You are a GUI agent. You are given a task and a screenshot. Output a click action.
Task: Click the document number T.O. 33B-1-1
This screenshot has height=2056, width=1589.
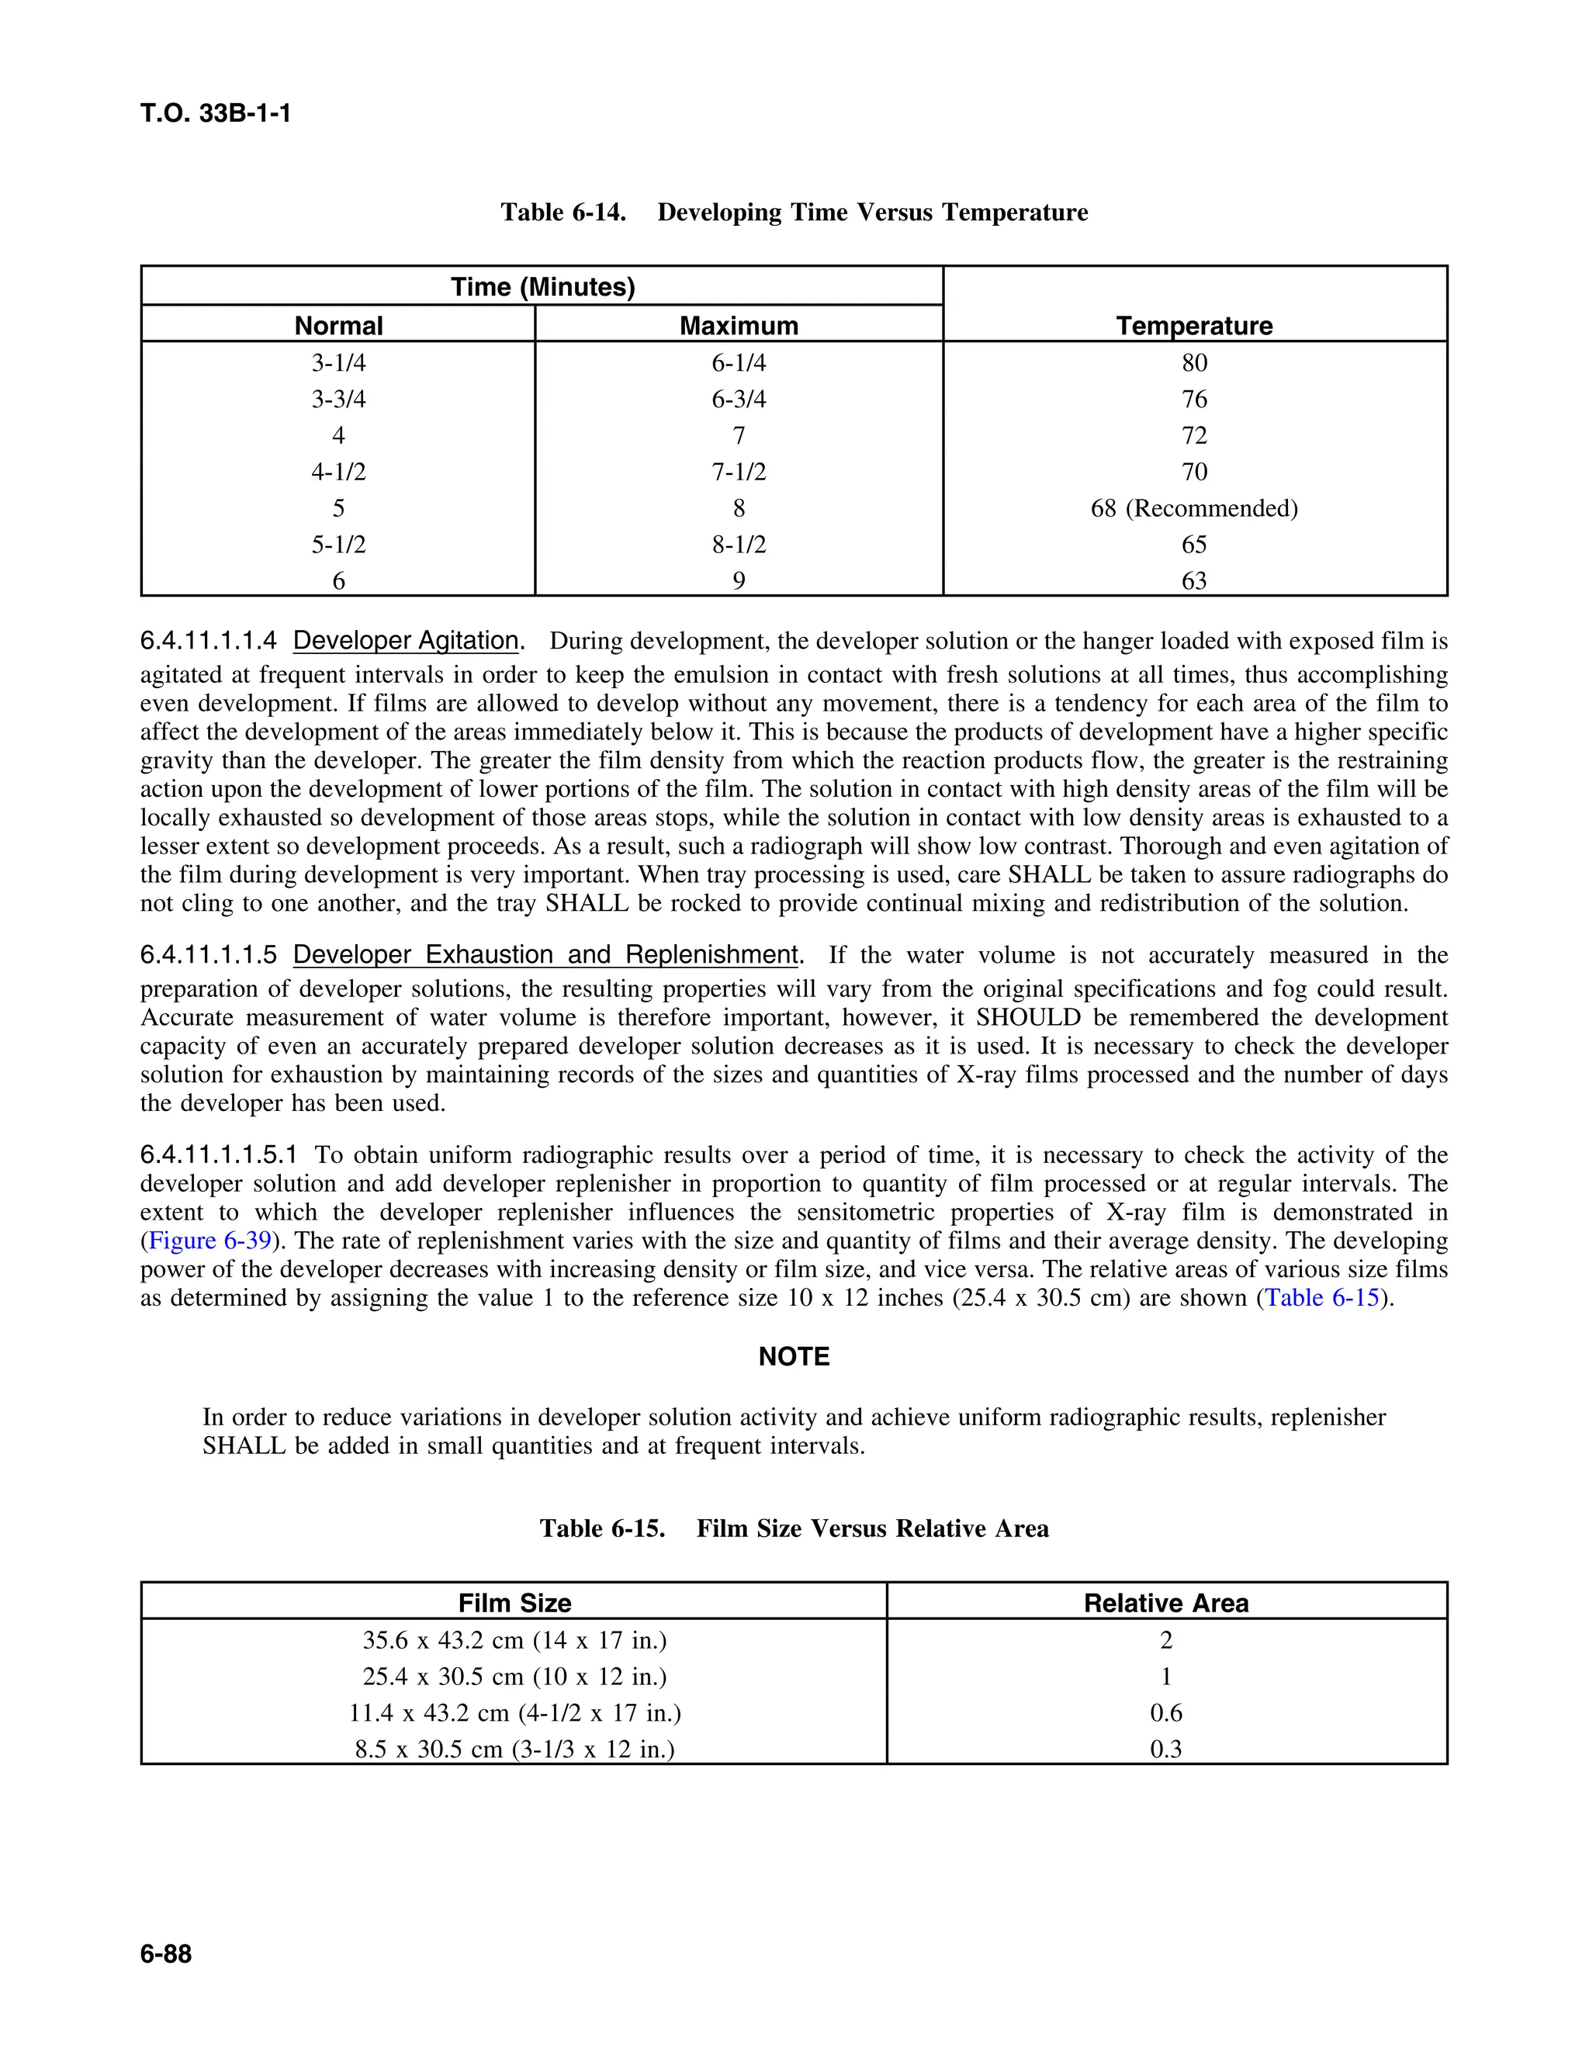216,114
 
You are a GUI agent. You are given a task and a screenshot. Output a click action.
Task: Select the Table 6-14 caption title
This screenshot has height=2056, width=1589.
794,213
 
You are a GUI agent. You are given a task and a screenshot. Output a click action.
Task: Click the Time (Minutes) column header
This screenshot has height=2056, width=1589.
542,287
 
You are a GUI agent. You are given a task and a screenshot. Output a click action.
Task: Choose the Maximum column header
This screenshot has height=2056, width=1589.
738,326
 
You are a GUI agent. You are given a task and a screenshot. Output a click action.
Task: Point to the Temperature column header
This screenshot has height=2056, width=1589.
1193,326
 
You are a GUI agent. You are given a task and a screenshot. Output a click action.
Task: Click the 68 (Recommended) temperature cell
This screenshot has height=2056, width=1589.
1193,508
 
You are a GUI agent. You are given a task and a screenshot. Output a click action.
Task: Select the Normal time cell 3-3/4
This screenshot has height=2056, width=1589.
338,399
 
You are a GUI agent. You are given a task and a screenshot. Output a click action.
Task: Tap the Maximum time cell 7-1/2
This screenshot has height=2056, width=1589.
738,472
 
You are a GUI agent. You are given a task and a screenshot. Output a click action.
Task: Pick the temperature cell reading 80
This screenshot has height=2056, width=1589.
1193,363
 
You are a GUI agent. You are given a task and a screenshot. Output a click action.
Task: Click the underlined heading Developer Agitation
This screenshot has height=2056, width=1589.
406,641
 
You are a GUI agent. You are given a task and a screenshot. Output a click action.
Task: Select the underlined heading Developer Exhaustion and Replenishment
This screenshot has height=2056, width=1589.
545,954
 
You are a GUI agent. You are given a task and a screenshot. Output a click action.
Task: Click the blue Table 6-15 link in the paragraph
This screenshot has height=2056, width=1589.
1321,1298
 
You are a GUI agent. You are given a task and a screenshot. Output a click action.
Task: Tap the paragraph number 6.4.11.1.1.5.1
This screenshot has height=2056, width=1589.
218,1155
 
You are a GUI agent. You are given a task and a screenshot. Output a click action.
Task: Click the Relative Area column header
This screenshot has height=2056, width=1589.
1165,1603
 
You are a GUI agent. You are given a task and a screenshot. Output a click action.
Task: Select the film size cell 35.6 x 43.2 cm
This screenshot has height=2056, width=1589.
514,1641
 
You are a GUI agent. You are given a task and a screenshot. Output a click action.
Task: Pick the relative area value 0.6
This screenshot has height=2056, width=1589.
1165,1713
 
